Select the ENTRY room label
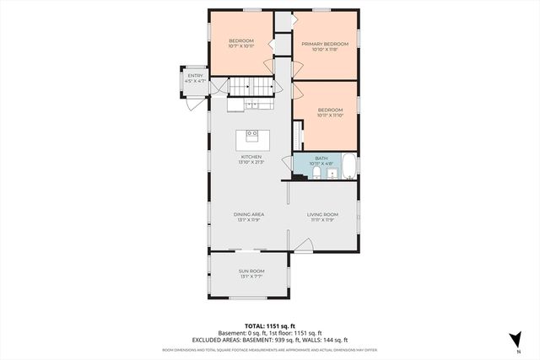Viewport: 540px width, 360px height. coord(196,76)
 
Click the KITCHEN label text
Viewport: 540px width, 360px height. coord(251,157)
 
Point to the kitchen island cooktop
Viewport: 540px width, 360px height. coord(251,134)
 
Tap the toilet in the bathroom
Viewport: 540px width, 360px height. coord(315,174)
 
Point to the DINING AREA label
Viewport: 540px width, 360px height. coord(251,215)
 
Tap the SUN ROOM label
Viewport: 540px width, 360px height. coord(251,271)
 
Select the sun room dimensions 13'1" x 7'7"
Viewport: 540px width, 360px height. coord(251,277)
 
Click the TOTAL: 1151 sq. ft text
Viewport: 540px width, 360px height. coord(269,325)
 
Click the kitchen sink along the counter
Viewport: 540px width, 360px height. coord(251,105)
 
